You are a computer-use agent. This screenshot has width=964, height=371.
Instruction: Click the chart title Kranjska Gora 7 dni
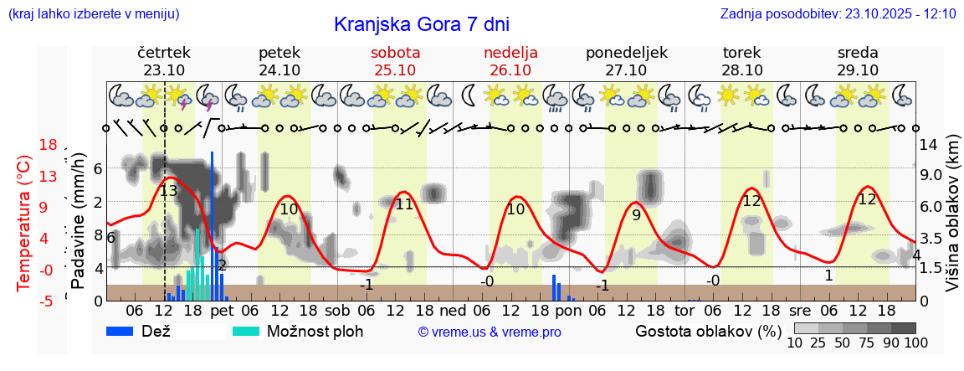[421, 24]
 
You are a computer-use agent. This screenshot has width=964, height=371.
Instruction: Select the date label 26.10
[510, 70]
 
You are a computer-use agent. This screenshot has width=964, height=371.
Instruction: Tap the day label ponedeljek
[626, 53]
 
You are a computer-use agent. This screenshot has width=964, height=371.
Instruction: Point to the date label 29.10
[858, 70]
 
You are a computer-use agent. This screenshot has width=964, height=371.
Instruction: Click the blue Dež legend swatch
[122, 331]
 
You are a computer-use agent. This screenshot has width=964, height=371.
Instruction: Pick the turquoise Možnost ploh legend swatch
[246, 331]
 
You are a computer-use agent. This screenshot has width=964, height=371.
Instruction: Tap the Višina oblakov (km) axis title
[952, 214]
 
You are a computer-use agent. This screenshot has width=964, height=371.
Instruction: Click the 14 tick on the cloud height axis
[928, 143]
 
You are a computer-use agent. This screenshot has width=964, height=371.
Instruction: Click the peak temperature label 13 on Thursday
[168, 191]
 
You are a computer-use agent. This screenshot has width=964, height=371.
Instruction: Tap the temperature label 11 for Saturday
[404, 204]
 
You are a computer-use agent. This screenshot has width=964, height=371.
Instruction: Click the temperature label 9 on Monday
[636, 214]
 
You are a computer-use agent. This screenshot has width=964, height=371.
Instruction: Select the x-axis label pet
[222, 312]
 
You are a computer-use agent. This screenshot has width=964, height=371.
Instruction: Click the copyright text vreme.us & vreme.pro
[490, 332]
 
